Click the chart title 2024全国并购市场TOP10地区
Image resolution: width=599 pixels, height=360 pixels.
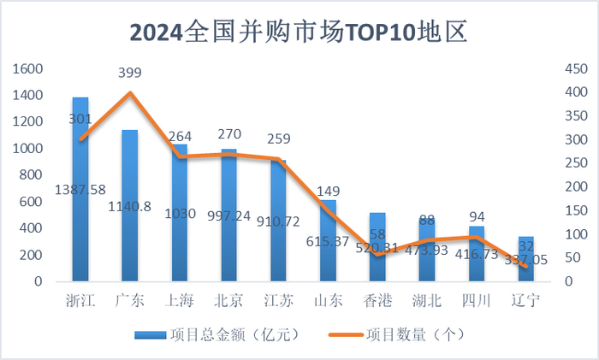pos(299,32)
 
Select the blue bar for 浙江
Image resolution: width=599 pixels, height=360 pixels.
pos(80,214)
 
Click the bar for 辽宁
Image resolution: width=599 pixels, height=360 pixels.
pos(526,265)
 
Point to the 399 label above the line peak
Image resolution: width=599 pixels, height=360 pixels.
pos(130,75)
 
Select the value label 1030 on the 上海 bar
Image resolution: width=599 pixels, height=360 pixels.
pos(180,213)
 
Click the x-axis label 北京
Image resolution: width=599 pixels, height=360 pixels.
pos(228,300)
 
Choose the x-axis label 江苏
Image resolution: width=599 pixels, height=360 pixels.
pos(278,300)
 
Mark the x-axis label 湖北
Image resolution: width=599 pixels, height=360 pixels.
pos(427,300)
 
